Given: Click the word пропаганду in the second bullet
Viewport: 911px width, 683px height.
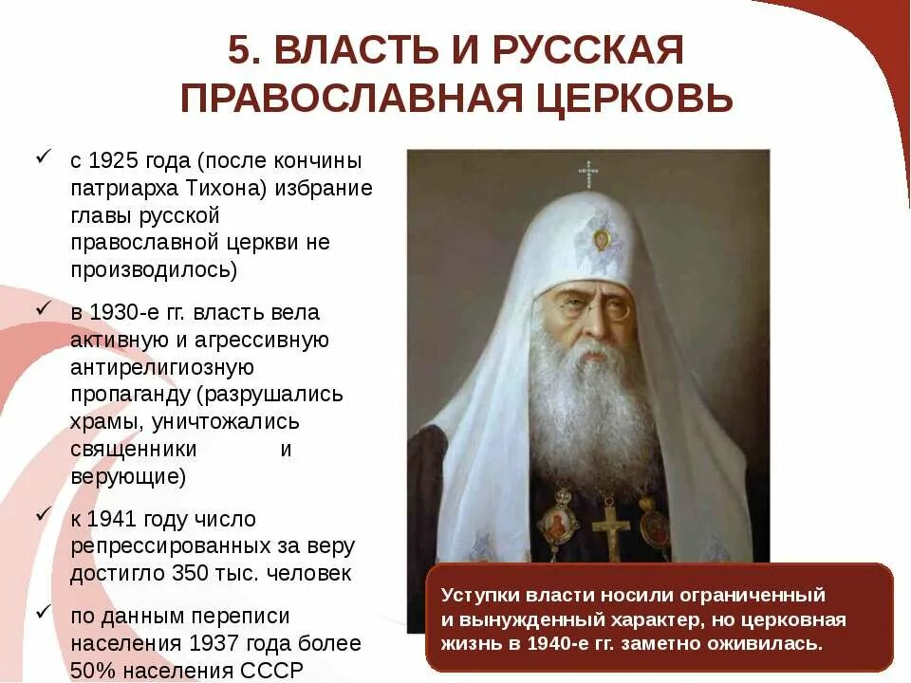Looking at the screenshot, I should tap(127, 394).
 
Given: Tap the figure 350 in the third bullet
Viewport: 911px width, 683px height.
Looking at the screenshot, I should tap(206, 573).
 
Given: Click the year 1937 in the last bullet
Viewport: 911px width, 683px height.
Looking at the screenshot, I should tap(214, 642).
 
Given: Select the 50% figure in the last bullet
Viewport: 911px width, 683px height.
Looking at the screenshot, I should tap(93, 670).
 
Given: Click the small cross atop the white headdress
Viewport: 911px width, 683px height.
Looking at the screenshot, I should tap(588, 174).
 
